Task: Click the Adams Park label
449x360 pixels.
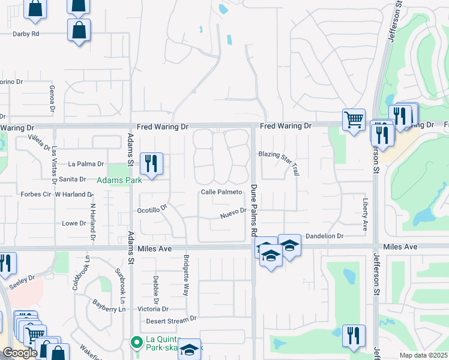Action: pyautogui.click(x=116, y=179)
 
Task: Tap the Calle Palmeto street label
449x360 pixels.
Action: pyautogui.click(x=221, y=192)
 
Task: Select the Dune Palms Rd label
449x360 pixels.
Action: pyautogui.click(x=254, y=210)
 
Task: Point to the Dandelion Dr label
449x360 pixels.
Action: pyautogui.click(x=324, y=237)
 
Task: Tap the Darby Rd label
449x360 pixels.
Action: pyautogui.click(x=26, y=34)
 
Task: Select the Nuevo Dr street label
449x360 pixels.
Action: pyautogui.click(x=234, y=212)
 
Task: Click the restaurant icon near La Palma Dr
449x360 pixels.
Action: pyautogui.click(x=151, y=163)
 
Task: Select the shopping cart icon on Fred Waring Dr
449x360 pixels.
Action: pyautogui.click(x=354, y=118)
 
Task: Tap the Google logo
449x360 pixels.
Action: pyautogui.click(x=20, y=353)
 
